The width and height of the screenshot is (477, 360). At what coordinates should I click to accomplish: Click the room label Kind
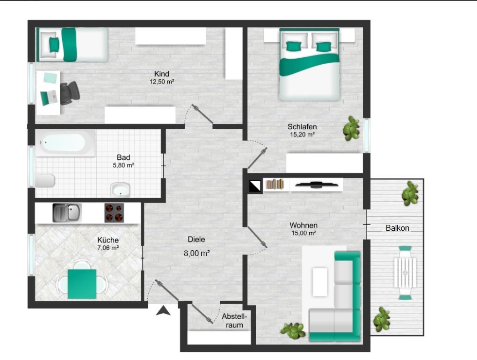[x=162, y=74]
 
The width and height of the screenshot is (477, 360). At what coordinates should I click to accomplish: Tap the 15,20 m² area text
[x=302, y=135]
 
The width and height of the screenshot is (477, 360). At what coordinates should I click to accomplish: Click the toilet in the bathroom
[x=45, y=181]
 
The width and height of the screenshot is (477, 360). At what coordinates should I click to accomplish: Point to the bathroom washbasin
[x=121, y=189]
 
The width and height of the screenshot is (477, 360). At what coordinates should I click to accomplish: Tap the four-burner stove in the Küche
[x=114, y=212]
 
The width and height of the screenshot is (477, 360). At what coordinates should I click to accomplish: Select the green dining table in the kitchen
[x=82, y=284]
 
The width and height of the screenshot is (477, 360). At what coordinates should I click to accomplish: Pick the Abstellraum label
[x=234, y=321]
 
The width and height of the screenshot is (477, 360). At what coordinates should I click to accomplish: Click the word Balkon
[x=397, y=228]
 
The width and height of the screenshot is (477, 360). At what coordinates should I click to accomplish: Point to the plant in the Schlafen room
[x=352, y=129]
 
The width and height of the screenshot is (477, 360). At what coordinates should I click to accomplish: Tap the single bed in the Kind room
[x=71, y=45]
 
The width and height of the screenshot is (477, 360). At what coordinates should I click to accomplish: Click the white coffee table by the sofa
[x=320, y=281]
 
